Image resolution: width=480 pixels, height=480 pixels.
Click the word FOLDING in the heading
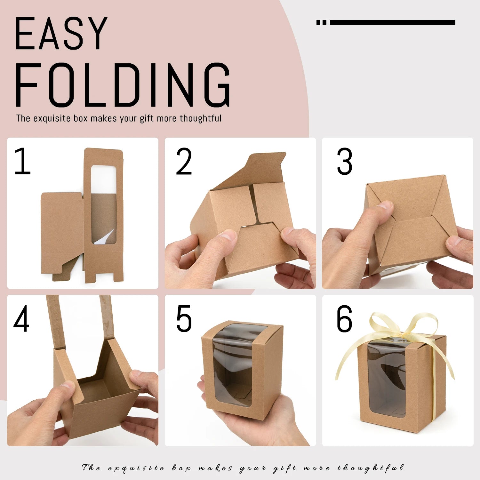click(123, 85)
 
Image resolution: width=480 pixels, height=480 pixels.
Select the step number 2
click(184, 161)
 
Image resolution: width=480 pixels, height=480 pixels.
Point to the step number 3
click(345, 161)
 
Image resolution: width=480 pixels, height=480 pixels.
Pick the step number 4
click(21, 318)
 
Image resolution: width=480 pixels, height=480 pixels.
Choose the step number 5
click(184, 318)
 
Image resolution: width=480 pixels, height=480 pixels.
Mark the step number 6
click(344, 318)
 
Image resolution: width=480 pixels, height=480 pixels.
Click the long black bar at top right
click(392, 22)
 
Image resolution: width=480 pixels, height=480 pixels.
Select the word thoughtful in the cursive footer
click(370, 468)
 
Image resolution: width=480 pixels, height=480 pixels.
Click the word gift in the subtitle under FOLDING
click(147, 118)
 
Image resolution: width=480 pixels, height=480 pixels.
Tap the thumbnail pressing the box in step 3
click(385, 204)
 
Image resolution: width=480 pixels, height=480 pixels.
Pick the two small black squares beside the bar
click(321, 22)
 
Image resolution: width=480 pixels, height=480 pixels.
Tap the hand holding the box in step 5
click(253, 416)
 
